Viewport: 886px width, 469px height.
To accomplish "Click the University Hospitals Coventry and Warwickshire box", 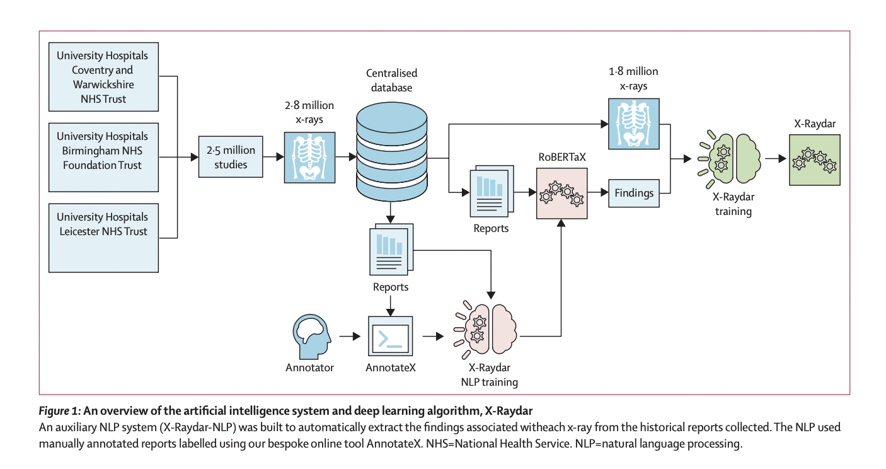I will pyautogui.click(x=103, y=78).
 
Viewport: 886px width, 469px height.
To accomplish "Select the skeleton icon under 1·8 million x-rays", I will pyautogui.click(x=633, y=124).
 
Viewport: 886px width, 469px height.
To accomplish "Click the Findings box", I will pyautogui.click(x=633, y=193).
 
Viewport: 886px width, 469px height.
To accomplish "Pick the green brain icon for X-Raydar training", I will pyautogui.click(x=732, y=158).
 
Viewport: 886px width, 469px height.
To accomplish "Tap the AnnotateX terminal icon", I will pyautogui.click(x=390, y=337).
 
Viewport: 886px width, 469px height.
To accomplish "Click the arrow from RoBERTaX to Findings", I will pyautogui.click(x=597, y=192).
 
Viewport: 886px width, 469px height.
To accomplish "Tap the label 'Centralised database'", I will pyautogui.click(x=391, y=80).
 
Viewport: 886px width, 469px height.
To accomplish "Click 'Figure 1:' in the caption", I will pyautogui.click(x=59, y=411).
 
